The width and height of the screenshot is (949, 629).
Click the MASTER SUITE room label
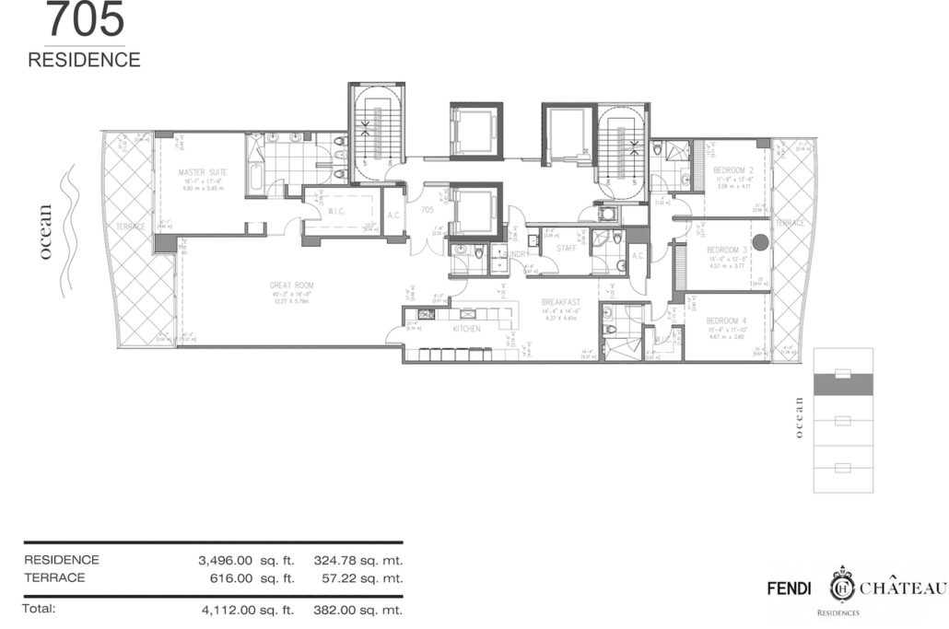203,171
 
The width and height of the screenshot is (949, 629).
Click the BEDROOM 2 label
734,169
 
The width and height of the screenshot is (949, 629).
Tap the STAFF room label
566,246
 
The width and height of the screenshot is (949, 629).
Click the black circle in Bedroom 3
760,243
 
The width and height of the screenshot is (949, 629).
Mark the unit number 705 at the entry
428,210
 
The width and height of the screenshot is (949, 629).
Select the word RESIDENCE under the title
84,61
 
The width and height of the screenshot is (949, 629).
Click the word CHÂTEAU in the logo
904,588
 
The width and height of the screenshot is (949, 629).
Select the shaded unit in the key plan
842,384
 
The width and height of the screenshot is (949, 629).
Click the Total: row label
41,609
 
